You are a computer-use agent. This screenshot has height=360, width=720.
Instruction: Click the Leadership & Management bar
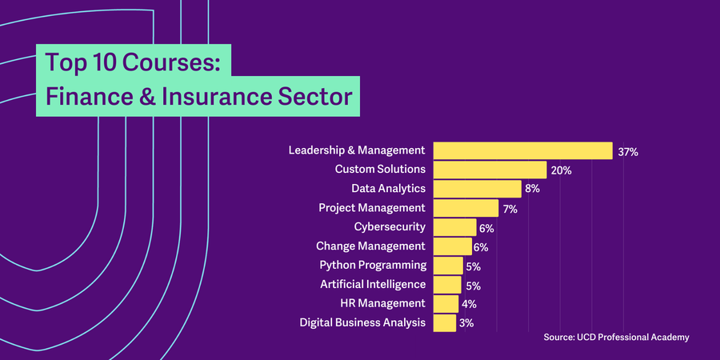point(522,150)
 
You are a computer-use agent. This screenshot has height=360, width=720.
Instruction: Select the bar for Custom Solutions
point(490,170)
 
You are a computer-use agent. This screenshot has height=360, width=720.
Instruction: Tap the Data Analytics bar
point(477,189)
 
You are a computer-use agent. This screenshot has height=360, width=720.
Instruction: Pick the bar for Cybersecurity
point(454,227)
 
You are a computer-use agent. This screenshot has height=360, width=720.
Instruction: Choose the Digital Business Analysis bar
point(444,322)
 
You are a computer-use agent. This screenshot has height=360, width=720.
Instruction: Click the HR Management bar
point(446,303)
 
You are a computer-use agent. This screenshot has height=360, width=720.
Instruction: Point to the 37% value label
point(627,151)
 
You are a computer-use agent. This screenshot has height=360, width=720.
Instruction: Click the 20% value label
point(561,170)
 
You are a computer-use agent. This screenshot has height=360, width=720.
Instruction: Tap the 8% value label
point(533,190)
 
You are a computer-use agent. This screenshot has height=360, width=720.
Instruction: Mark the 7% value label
point(510,209)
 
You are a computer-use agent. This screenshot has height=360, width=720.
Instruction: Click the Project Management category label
point(372,208)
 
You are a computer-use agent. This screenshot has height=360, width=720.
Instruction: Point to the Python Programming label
point(373,265)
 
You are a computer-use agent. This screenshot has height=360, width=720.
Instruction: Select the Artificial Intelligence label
point(373,284)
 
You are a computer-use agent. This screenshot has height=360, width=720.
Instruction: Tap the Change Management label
point(370,246)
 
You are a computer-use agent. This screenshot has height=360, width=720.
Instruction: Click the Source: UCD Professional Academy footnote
point(615,338)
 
